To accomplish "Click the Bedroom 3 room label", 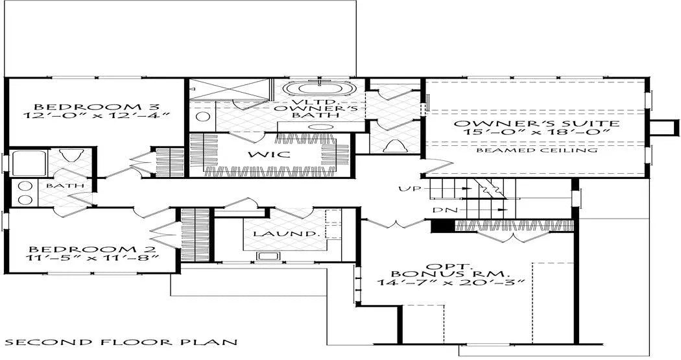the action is tap(97, 107).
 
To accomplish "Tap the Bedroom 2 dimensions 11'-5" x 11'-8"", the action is tap(91, 258).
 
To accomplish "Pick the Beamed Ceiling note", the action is tap(537, 150).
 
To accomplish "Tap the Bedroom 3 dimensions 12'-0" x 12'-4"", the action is tap(96, 115).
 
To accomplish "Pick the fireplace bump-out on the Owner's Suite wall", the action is tap(663, 128).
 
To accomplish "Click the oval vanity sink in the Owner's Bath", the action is tap(321, 127).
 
